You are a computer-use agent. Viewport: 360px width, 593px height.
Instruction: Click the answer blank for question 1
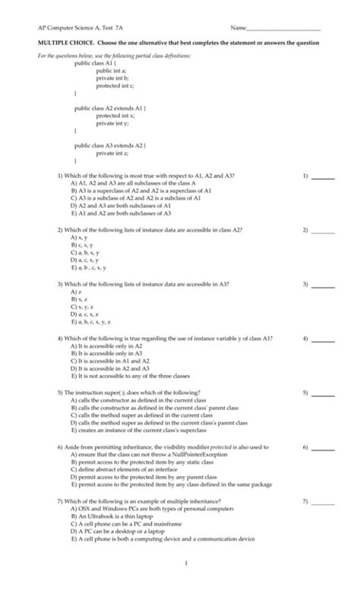pos(324,176)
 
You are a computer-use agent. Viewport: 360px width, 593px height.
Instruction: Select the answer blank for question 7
pos(324,502)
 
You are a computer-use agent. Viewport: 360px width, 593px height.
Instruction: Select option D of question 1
pos(120,206)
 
